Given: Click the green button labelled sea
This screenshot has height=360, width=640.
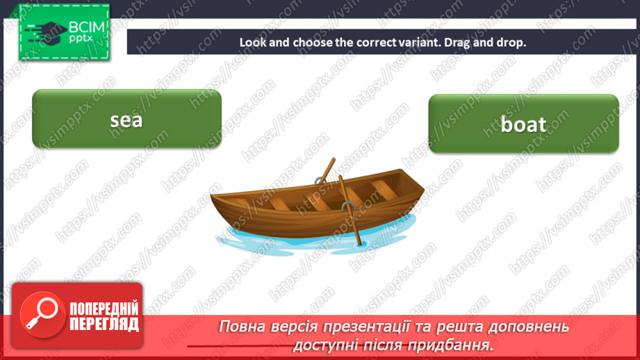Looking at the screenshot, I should pyautogui.click(x=126, y=119).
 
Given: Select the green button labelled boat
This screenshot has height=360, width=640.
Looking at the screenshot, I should pyautogui.click(x=523, y=124).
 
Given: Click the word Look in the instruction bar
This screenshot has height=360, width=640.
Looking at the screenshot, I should pyautogui.click(x=252, y=42).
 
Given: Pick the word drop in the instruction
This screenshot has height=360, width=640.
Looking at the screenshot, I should pyautogui.click(x=514, y=42).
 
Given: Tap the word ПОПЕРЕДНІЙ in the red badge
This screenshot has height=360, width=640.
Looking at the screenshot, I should pyautogui.click(x=104, y=309).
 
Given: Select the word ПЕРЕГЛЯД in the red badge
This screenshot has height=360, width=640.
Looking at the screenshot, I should pyautogui.click(x=104, y=324).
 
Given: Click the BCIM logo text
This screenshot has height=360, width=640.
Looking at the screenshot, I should pyautogui.click(x=86, y=28).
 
